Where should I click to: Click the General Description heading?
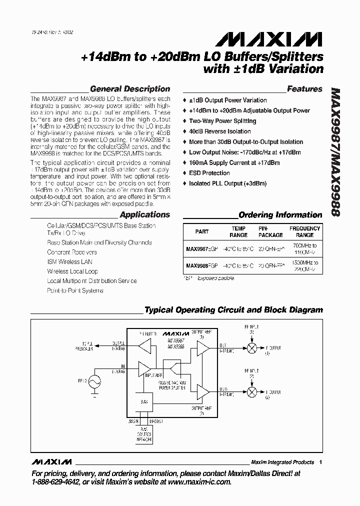coord(129,89)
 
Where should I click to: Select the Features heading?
coord(304,89)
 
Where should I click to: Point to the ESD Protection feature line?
coord(209,173)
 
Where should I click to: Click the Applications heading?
coord(145,214)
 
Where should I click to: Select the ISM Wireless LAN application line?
coord(69,261)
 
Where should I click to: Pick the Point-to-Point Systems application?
coord(75,290)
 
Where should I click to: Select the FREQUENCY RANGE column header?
coord(304,231)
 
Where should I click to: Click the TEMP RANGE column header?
coord(238,231)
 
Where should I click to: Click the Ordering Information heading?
coord(280,215)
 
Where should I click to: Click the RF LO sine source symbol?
coord(93,381)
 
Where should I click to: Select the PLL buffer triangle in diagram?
coord(144,345)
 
